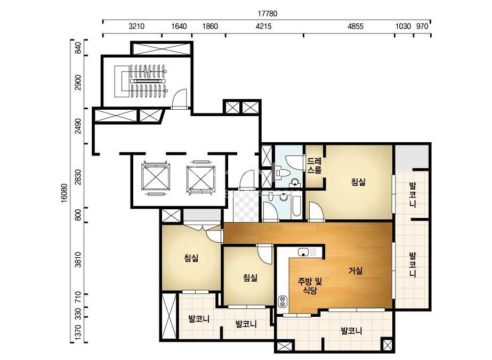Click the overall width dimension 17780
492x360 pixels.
268,14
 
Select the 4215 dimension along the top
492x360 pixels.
263,26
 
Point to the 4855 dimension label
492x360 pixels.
356,26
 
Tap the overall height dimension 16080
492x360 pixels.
64,193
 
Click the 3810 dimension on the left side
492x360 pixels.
78,259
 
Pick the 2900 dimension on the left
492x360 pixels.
78,82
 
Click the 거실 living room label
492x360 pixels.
356,271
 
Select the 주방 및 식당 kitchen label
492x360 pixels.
310,285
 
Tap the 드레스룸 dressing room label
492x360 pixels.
314,166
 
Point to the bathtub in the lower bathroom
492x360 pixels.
296,207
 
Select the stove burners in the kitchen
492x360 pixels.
282,301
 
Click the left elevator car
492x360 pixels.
156,177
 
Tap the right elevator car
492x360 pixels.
201,179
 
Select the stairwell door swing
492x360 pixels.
180,99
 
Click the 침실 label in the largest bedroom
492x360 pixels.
359,182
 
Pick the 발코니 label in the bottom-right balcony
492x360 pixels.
351,331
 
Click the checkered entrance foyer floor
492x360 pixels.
247,206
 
